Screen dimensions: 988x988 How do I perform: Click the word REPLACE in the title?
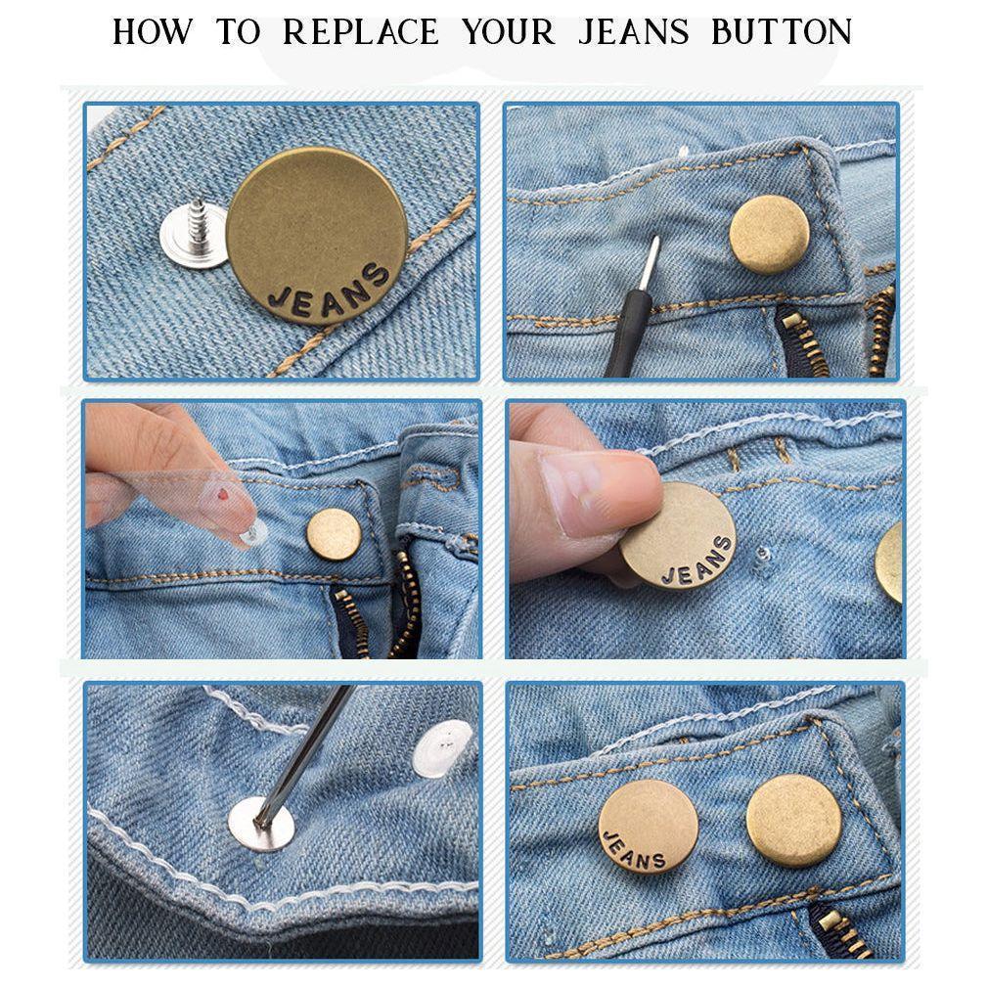(361, 32)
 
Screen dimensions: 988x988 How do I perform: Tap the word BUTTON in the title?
(782, 32)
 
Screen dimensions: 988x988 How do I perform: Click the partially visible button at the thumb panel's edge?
(892, 561)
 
